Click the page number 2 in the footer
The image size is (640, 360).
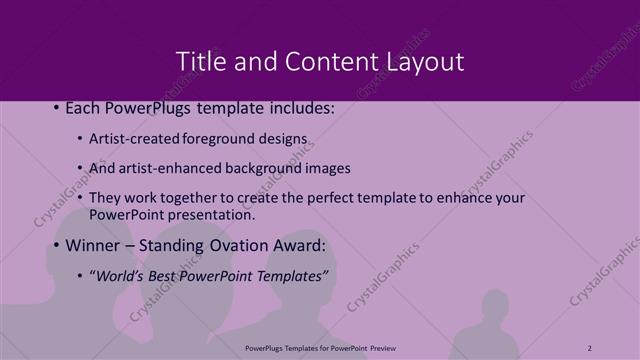point(590,347)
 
